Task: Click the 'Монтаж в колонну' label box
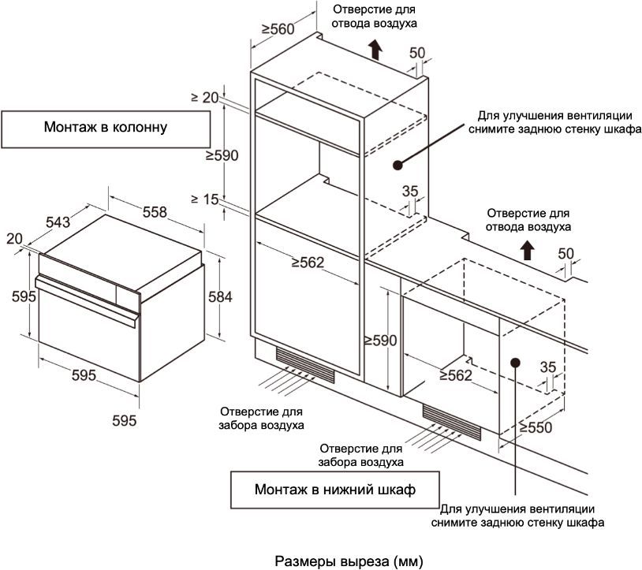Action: pyautogui.click(x=106, y=128)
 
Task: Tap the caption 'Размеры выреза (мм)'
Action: pyautogui.click(x=349, y=561)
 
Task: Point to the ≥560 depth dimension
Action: pyautogui.click(x=277, y=30)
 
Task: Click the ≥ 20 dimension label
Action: pyautogui.click(x=203, y=98)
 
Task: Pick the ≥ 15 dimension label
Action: pyautogui.click(x=203, y=199)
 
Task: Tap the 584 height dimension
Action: pyautogui.click(x=220, y=296)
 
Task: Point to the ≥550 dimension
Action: pyautogui.click(x=536, y=427)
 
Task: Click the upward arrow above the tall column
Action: pyautogui.click(x=375, y=50)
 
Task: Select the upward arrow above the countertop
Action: pyautogui.click(x=527, y=251)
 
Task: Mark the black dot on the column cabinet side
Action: pyautogui.click(x=398, y=165)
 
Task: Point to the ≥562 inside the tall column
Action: pyautogui.click(x=308, y=263)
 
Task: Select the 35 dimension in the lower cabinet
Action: pyautogui.click(x=550, y=367)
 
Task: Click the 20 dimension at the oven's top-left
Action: pyautogui.click(x=14, y=238)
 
